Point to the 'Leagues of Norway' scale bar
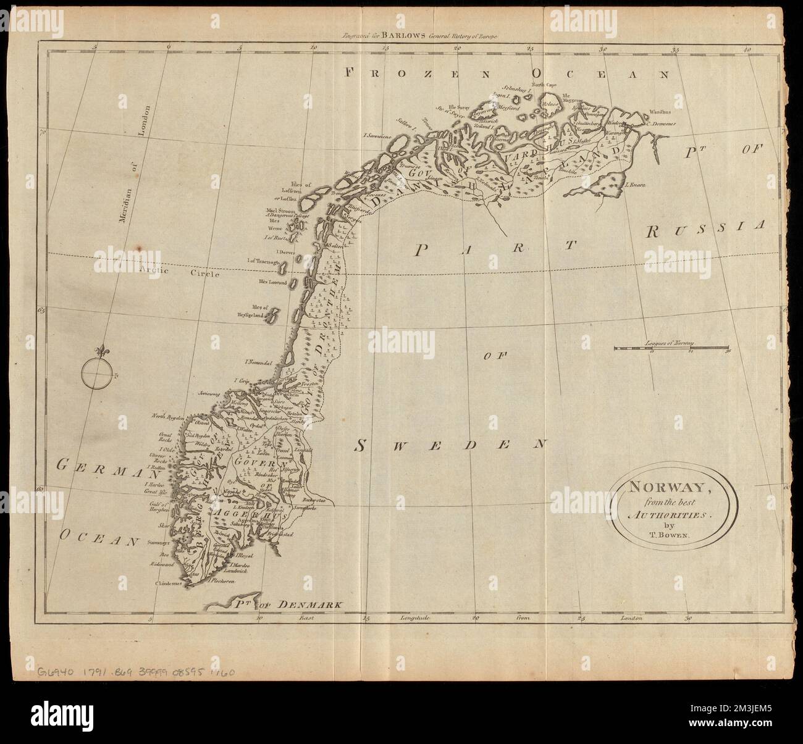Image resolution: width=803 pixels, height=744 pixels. tap(671, 349)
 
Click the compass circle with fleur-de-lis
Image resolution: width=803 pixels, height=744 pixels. tap(98, 372)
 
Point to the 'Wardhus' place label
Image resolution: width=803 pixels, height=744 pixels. tap(660, 113)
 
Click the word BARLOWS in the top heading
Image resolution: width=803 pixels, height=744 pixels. tap(404, 36)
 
